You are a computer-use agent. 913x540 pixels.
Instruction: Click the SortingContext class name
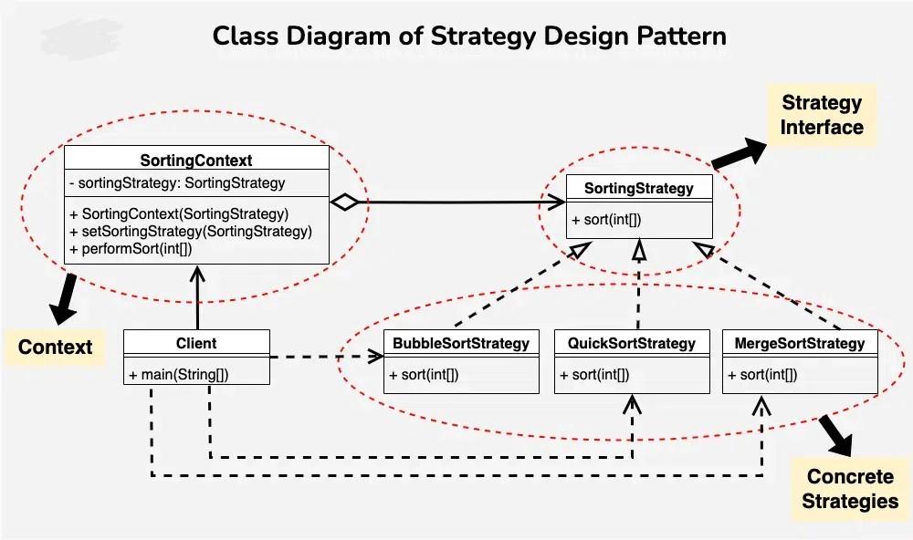196,160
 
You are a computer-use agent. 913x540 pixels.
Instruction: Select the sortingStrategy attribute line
177,182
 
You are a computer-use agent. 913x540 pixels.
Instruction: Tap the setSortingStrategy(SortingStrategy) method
191,232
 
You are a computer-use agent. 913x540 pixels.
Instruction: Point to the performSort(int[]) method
131,249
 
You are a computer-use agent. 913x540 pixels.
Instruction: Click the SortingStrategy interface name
639,188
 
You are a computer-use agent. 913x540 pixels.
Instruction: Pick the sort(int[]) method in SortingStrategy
606,219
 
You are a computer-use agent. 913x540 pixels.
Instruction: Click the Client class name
196,343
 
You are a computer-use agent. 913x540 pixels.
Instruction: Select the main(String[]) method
179,375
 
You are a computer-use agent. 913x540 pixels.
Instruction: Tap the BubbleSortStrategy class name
461,343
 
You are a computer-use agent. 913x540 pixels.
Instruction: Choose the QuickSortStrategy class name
632,343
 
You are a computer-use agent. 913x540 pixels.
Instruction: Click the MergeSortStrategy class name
800,343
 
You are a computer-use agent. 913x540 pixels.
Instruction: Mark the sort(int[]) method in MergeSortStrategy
762,375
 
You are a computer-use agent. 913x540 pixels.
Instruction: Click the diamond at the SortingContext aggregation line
345,202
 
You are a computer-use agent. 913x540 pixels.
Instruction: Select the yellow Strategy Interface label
822,115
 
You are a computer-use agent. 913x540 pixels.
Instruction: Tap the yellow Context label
55,347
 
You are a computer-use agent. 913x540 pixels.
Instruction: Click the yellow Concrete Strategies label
849,489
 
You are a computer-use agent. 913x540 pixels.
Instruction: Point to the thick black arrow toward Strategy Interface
740,153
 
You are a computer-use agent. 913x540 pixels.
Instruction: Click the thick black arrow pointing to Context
64,299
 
